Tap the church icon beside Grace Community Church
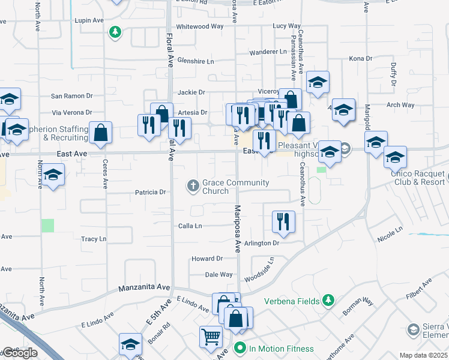click(193, 185)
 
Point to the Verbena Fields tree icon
click(328, 299)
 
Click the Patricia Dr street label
click(150, 193)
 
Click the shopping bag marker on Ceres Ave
click(100, 133)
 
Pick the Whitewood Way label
click(200, 26)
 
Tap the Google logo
click(20, 353)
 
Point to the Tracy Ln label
click(94, 239)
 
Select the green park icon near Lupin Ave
click(115, 32)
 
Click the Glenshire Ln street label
click(196, 61)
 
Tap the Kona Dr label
click(361, 59)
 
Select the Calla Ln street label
click(190, 226)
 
